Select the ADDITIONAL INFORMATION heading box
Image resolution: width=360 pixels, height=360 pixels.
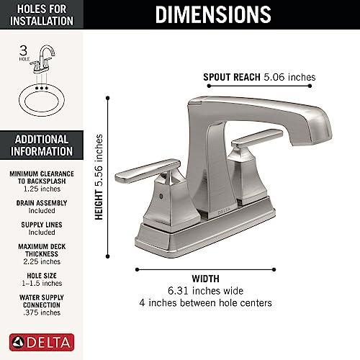(x=41, y=145)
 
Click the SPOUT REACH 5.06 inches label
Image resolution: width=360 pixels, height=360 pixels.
(x=259, y=77)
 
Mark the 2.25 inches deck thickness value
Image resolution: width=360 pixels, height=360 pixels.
(x=41, y=262)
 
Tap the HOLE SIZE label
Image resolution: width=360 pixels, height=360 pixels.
(x=41, y=274)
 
